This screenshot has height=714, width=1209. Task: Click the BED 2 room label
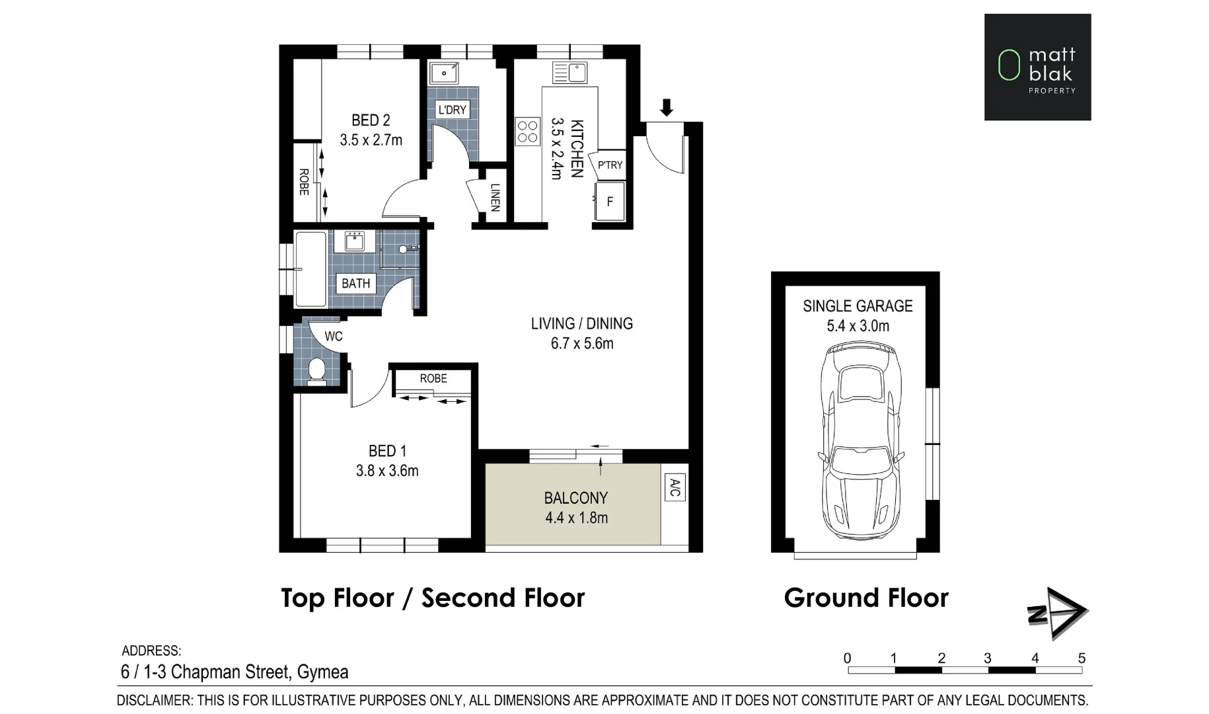[370, 120]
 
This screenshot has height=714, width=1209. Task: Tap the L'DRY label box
[453, 110]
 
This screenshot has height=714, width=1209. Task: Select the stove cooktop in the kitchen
[527, 131]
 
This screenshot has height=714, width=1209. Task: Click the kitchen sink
[570, 72]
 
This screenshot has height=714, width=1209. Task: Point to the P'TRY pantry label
[610, 165]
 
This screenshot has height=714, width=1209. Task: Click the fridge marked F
[610, 202]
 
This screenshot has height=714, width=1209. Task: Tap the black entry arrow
[667, 107]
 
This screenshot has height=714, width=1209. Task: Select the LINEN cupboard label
[495, 197]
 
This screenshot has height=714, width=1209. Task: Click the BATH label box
[355, 284]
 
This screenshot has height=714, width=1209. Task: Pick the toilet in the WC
[316, 371]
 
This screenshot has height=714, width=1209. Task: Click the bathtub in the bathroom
[311, 269]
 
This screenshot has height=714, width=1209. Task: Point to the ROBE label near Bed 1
[433, 379]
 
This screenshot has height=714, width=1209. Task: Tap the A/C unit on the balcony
[675, 488]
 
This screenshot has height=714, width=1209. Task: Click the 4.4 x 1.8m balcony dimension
[576, 518]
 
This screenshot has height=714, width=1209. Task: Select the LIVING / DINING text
[581, 324]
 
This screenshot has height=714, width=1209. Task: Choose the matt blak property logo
[1037, 67]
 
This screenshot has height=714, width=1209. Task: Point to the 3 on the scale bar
[988, 658]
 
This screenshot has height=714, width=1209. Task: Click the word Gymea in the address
[322, 672]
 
